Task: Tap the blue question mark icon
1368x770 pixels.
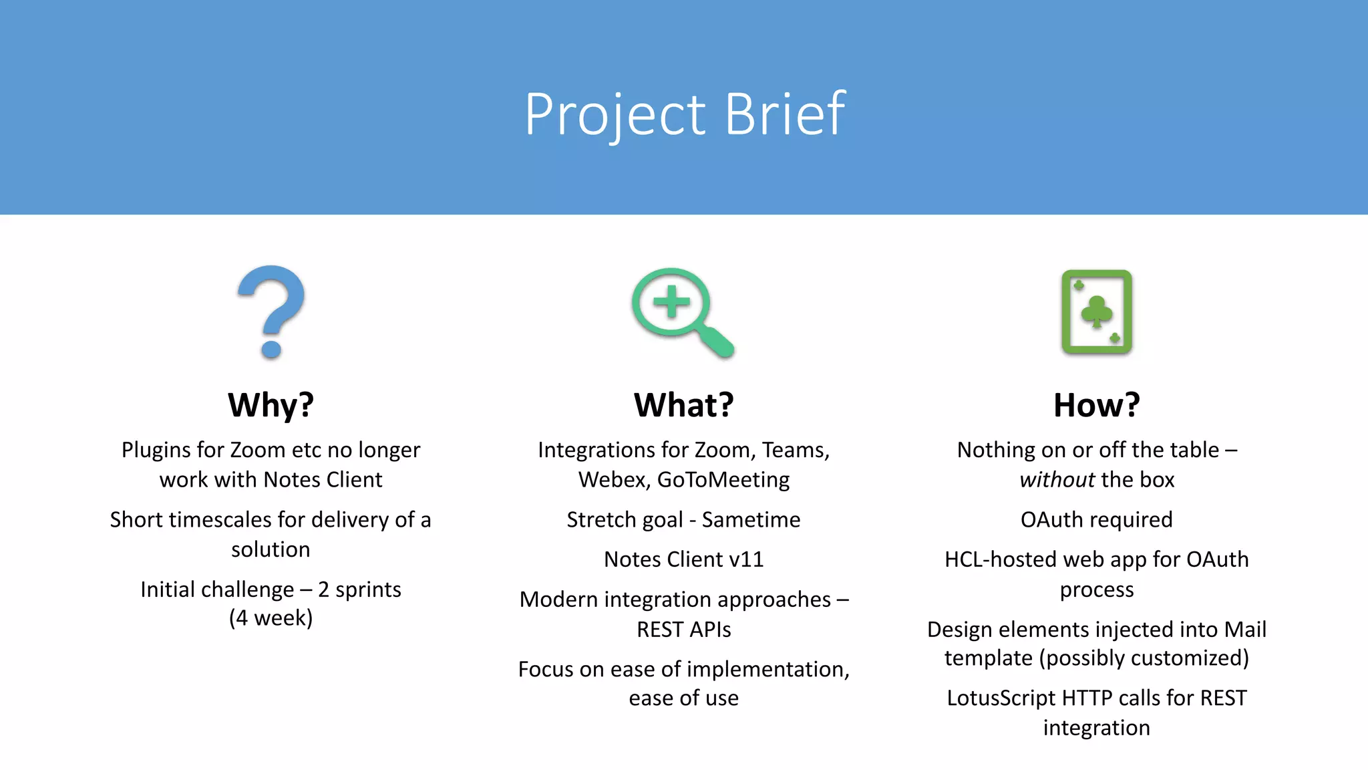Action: (x=271, y=311)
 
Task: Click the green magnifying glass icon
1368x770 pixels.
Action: (x=682, y=311)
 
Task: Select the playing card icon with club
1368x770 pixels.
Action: (x=1096, y=311)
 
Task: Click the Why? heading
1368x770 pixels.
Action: (x=271, y=405)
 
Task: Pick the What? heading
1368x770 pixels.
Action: (x=683, y=405)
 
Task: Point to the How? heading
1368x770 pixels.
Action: (x=1096, y=405)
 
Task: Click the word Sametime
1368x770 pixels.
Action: (x=751, y=520)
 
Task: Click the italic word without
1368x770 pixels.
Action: (x=1057, y=480)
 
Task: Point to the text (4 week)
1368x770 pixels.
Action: (x=271, y=618)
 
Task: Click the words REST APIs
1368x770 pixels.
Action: (x=683, y=630)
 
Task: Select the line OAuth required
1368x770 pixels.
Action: (x=1096, y=520)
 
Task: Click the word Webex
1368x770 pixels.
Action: (x=611, y=480)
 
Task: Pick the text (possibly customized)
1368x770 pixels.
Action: (x=1144, y=658)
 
